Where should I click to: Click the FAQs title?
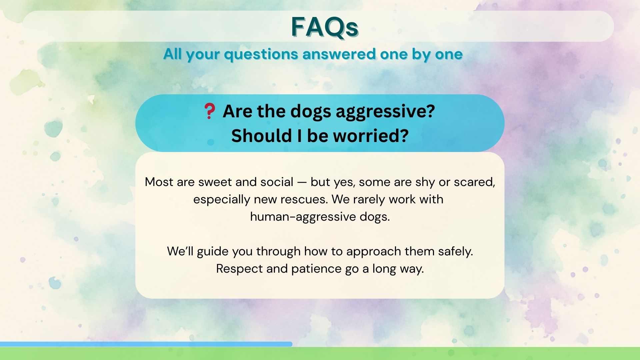click(325, 27)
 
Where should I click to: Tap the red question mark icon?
click(209, 111)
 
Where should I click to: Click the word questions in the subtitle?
click(261, 55)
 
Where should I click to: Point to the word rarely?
click(369, 200)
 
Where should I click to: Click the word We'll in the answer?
click(180, 251)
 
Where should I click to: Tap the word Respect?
click(240, 269)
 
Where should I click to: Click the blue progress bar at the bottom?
click(146, 344)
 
